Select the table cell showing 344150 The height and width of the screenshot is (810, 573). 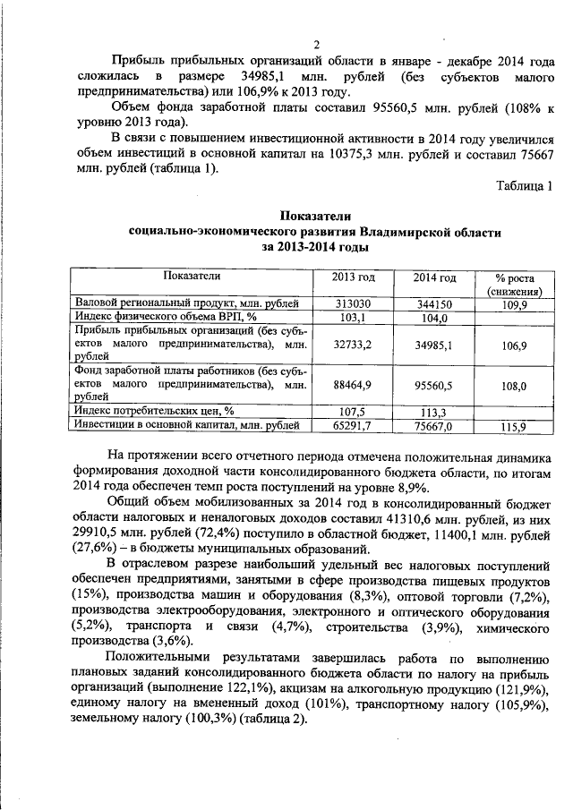434,304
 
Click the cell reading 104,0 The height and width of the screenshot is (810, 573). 434,318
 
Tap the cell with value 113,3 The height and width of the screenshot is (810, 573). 434,412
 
